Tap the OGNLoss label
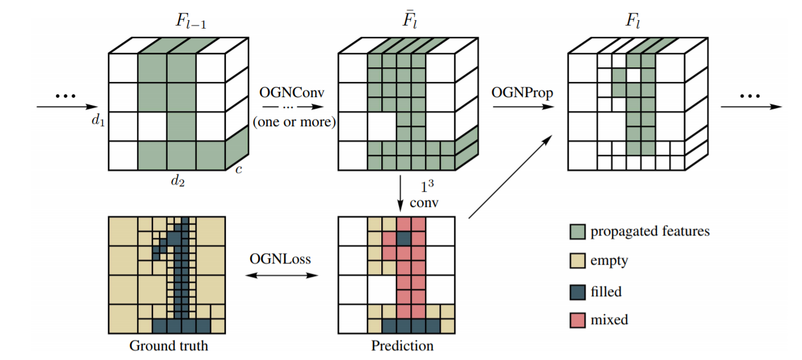click(x=280, y=259)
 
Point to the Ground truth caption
click(x=168, y=346)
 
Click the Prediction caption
click(x=403, y=346)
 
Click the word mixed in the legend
click(x=609, y=319)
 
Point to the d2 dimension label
click(x=177, y=180)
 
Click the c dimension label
click(x=239, y=170)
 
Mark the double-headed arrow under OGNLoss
click(x=280, y=276)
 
